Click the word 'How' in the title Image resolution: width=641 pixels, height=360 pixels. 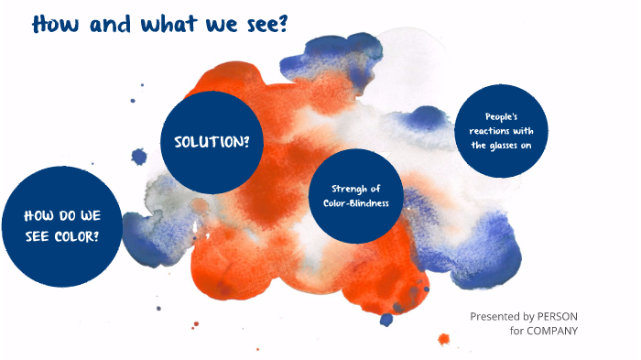click(58, 24)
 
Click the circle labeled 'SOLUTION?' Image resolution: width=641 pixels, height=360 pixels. click(212, 142)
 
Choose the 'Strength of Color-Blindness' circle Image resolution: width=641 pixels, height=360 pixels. click(355, 195)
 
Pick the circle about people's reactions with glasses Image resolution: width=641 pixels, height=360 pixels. click(502, 131)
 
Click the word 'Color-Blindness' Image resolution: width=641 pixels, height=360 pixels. click(355, 203)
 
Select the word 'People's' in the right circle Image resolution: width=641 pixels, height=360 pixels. click(502, 116)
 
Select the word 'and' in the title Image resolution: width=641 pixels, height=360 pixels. click(113, 24)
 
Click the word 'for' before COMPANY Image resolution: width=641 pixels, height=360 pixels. click(516, 331)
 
